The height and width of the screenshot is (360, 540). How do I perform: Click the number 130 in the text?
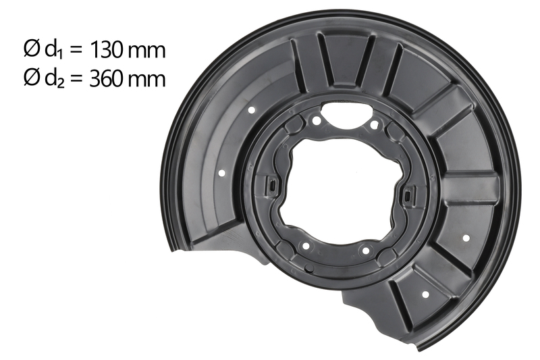pos(106,50)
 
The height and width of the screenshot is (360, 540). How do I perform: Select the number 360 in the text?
pos(106,79)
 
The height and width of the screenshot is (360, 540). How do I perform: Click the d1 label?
pos(54,50)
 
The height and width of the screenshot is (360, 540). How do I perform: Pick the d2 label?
pos(54,79)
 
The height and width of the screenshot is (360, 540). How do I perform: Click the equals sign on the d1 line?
pos(76,51)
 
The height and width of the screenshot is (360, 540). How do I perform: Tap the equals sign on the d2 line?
pos(76,80)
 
